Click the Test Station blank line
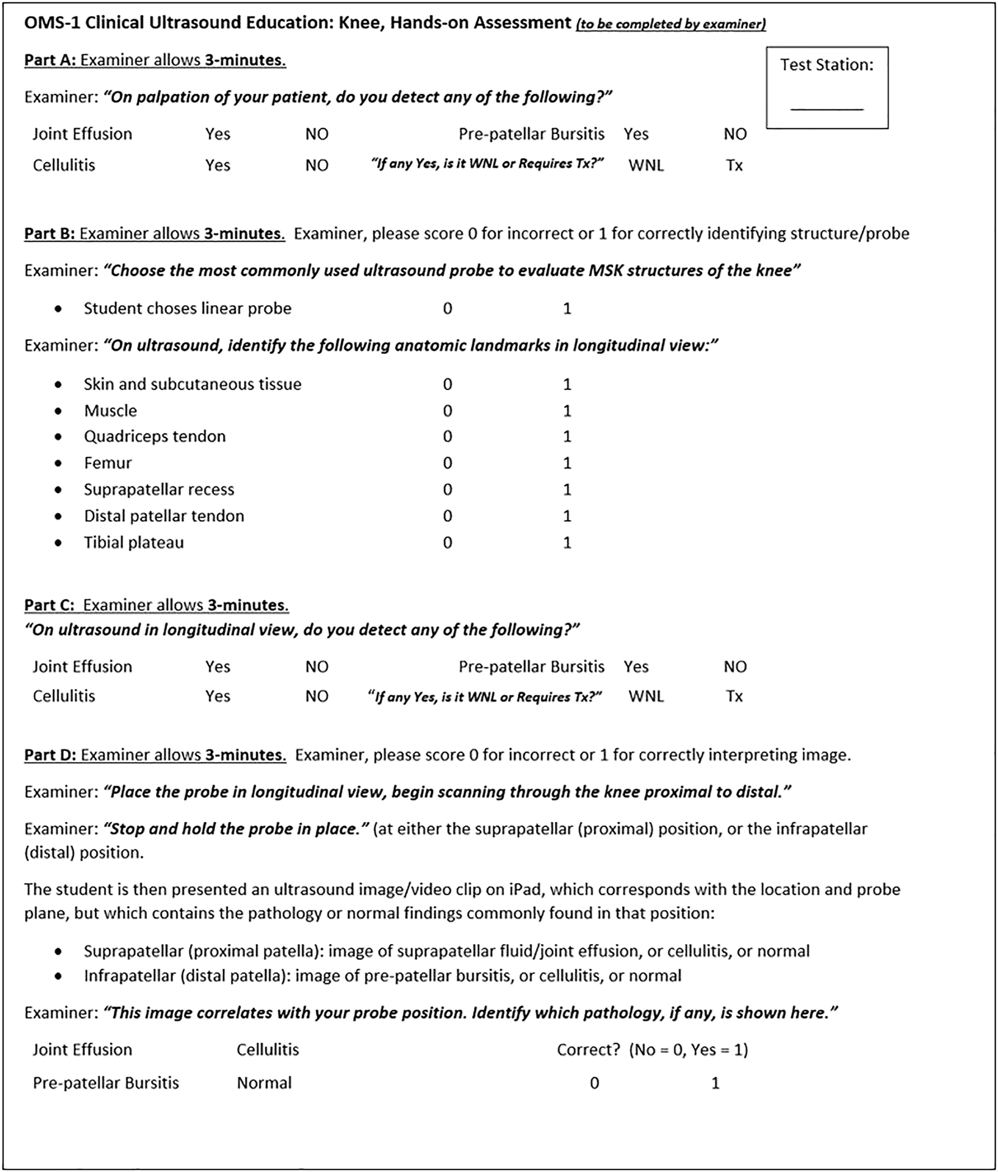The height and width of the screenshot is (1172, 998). click(x=826, y=109)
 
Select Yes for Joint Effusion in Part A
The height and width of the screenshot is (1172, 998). click(x=217, y=134)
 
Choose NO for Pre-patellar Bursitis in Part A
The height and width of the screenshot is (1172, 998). click(x=735, y=134)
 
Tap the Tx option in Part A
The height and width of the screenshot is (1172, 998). click(x=734, y=166)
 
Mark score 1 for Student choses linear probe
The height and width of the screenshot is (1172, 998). click(x=567, y=309)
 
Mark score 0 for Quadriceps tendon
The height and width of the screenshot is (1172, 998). click(x=447, y=436)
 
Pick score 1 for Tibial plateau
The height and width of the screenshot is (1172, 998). click(x=567, y=543)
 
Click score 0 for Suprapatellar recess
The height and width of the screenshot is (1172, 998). click(x=447, y=490)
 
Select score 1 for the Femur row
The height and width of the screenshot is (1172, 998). click(x=567, y=463)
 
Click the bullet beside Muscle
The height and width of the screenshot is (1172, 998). click(x=58, y=411)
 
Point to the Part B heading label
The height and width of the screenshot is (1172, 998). click(x=49, y=234)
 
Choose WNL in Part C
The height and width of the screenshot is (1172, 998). click(x=645, y=696)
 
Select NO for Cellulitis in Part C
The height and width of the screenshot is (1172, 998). click(x=317, y=696)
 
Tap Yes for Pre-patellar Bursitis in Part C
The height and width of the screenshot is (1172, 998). click(x=636, y=666)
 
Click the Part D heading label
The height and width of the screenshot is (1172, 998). click(x=50, y=755)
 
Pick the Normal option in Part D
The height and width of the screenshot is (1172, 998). click(x=264, y=1083)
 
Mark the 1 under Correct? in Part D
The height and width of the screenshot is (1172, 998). click(x=715, y=1083)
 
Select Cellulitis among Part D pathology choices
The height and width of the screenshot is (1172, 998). click(x=267, y=1050)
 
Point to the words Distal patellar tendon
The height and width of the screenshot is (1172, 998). click(x=164, y=516)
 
